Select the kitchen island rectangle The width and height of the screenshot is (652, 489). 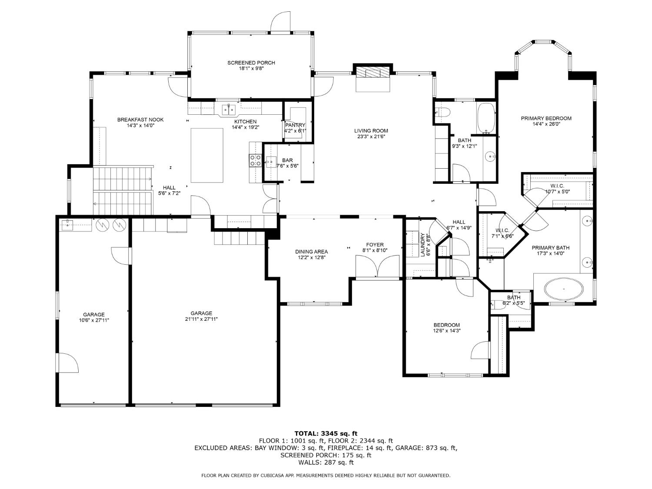(207, 155)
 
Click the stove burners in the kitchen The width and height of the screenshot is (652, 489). (255, 160)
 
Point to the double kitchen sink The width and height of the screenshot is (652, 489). (229, 108)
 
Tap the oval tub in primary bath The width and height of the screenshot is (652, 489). (564, 289)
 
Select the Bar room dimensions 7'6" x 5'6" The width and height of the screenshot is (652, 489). (286, 166)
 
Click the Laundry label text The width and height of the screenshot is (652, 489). (422, 245)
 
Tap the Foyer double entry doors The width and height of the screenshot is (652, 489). (377, 266)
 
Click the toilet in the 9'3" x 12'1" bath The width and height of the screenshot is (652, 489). (442, 112)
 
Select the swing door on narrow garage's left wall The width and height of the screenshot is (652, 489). (67, 363)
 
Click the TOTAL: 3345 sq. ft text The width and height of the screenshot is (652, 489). (326, 433)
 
